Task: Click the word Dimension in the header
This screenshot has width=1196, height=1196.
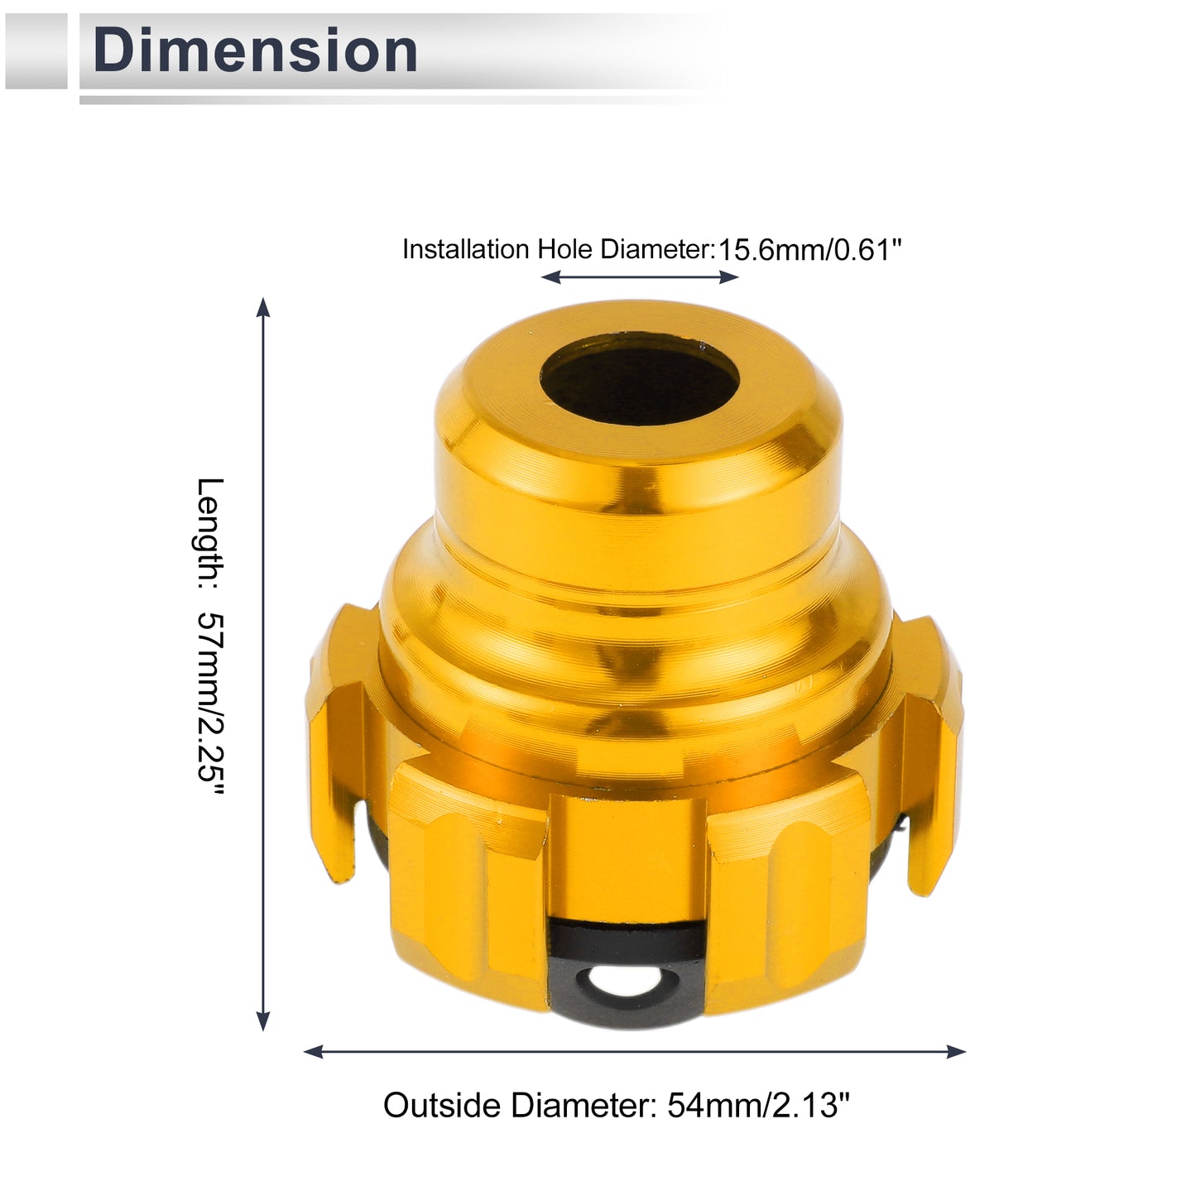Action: pyautogui.click(x=255, y=50)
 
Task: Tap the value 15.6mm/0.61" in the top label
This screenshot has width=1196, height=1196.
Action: pyautogui.click(x=809, y=250)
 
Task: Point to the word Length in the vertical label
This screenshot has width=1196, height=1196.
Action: pyautogui.click(x=209, y=533)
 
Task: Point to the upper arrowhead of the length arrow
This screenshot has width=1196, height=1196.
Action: pyautogui.click(x=263, y=308)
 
